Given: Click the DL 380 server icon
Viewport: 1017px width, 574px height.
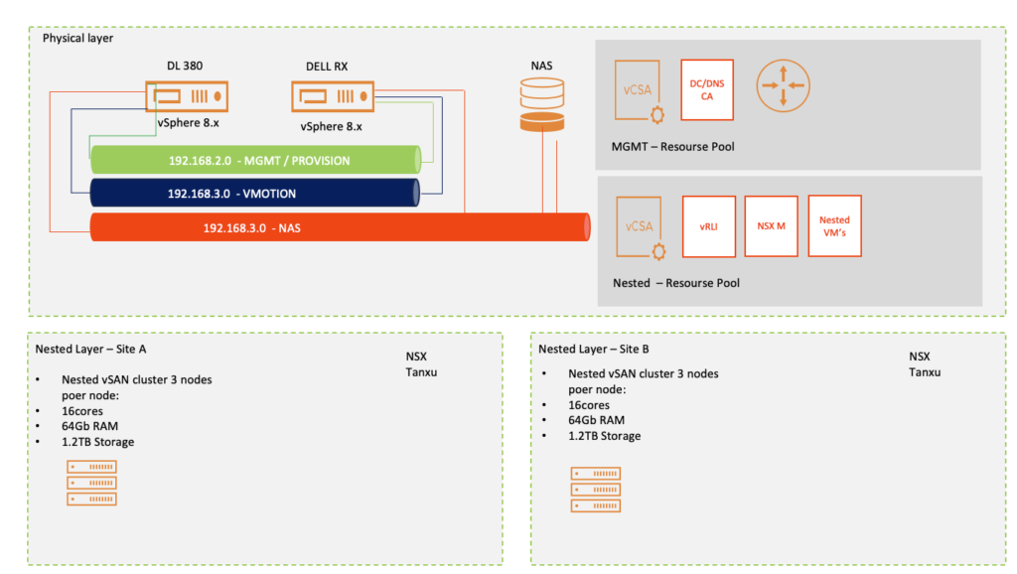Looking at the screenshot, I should coord(187,97).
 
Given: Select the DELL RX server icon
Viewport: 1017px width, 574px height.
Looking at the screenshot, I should coord(333,97).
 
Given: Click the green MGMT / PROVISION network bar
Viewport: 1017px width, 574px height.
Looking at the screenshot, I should coord(257,160).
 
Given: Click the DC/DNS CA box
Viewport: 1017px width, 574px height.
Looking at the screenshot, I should coord(707,90).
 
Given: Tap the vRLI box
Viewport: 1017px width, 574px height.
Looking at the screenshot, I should coord(708,226).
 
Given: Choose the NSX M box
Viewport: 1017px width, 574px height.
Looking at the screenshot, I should coord(771,226).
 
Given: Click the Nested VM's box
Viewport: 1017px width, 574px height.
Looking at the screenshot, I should coord(834,225).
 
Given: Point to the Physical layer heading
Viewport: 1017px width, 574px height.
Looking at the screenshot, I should coord(77,38).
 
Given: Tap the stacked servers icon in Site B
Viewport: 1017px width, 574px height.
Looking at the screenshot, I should coord(596,490).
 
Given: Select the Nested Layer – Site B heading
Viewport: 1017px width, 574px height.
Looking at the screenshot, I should coord(594,349).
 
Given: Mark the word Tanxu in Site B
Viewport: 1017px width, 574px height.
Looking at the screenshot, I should coord(925,372).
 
